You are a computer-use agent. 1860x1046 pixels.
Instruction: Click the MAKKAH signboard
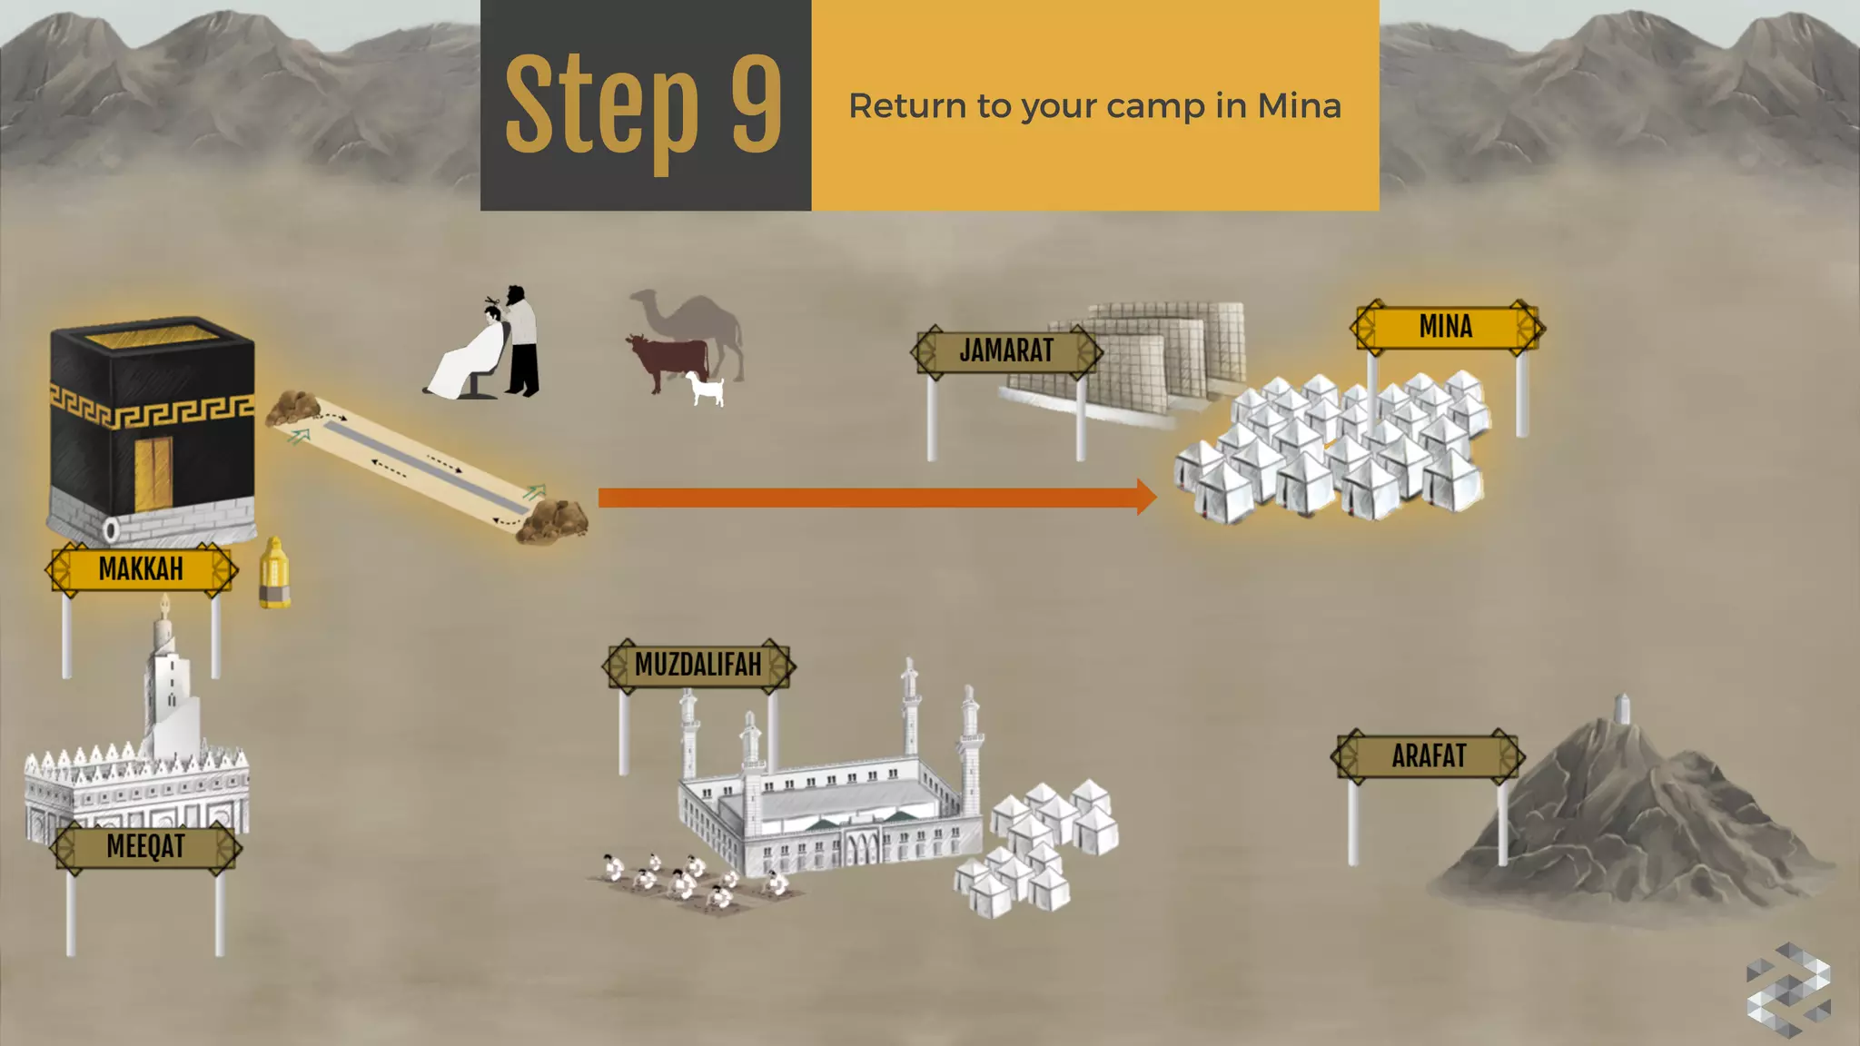click(x=141, y=569)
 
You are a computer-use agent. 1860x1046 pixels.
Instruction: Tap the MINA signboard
click(x=1446, y=327)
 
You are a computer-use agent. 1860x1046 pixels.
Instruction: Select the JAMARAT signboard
click(x=1006, y=350)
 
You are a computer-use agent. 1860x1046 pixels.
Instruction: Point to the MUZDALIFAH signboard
click(x=697, y=665)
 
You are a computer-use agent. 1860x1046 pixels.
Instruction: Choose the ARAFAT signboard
click(x=1429, y=755)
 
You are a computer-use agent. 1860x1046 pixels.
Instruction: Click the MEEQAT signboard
click(x=145, y=846)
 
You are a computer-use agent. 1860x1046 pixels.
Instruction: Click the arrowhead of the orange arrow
click(x=1147, y=497)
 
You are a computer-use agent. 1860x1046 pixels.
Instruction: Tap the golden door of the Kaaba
click(x=153, y=474)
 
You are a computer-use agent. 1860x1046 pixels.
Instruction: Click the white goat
click(x=706, y=389)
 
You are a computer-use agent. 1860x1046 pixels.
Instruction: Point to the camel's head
click(x=643, y=298)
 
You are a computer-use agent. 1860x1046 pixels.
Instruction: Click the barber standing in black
click(x=521, y=341)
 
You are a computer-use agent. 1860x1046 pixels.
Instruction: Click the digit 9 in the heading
click(x=757, y=104)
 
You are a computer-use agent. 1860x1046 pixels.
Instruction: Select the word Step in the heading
click(x=602, y=107)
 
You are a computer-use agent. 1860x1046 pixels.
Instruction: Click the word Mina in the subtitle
click(x=1299, y=106)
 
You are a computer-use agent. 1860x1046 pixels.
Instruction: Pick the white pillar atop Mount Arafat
click(x=1622, y=708)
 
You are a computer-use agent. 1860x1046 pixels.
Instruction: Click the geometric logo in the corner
click(x=1787, y=990)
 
